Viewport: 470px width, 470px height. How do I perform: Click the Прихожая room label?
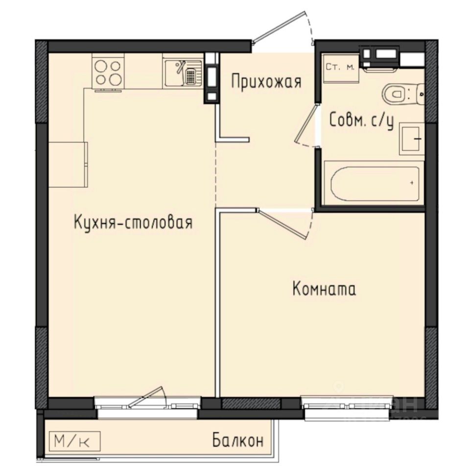(x=265, y=81)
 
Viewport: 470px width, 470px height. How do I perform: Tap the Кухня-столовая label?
(x=133, y=223)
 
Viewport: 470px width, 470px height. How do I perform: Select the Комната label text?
(x=324, y=289)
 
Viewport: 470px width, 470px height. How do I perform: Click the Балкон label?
(x=238, y=440)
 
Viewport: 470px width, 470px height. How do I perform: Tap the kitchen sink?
(x=182, y=72)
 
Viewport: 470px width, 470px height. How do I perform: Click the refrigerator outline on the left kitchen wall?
(x=68, y=164)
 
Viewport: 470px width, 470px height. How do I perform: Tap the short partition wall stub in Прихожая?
(x=234, y=139)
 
